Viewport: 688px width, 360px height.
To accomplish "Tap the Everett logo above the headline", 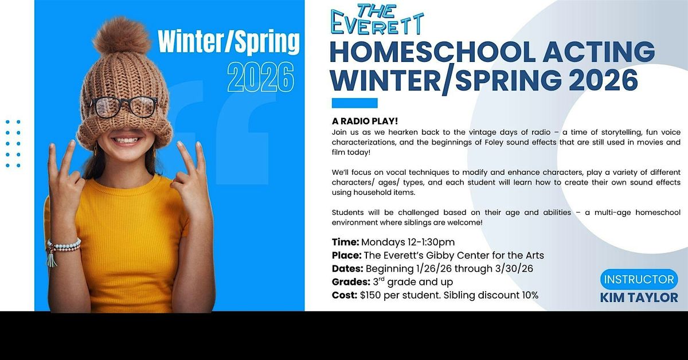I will coord(378,19).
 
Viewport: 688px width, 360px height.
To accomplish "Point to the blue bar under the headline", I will coord(354,103).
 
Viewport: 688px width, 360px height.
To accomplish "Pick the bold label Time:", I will coord(346,242).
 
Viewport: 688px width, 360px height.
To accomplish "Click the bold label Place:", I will coord(347,255).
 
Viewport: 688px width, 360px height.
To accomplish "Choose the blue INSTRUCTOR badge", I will coord(639,280).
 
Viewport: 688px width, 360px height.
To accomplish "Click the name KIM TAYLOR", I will coord(639,297).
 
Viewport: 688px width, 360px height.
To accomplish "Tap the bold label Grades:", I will coord(350,282).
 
